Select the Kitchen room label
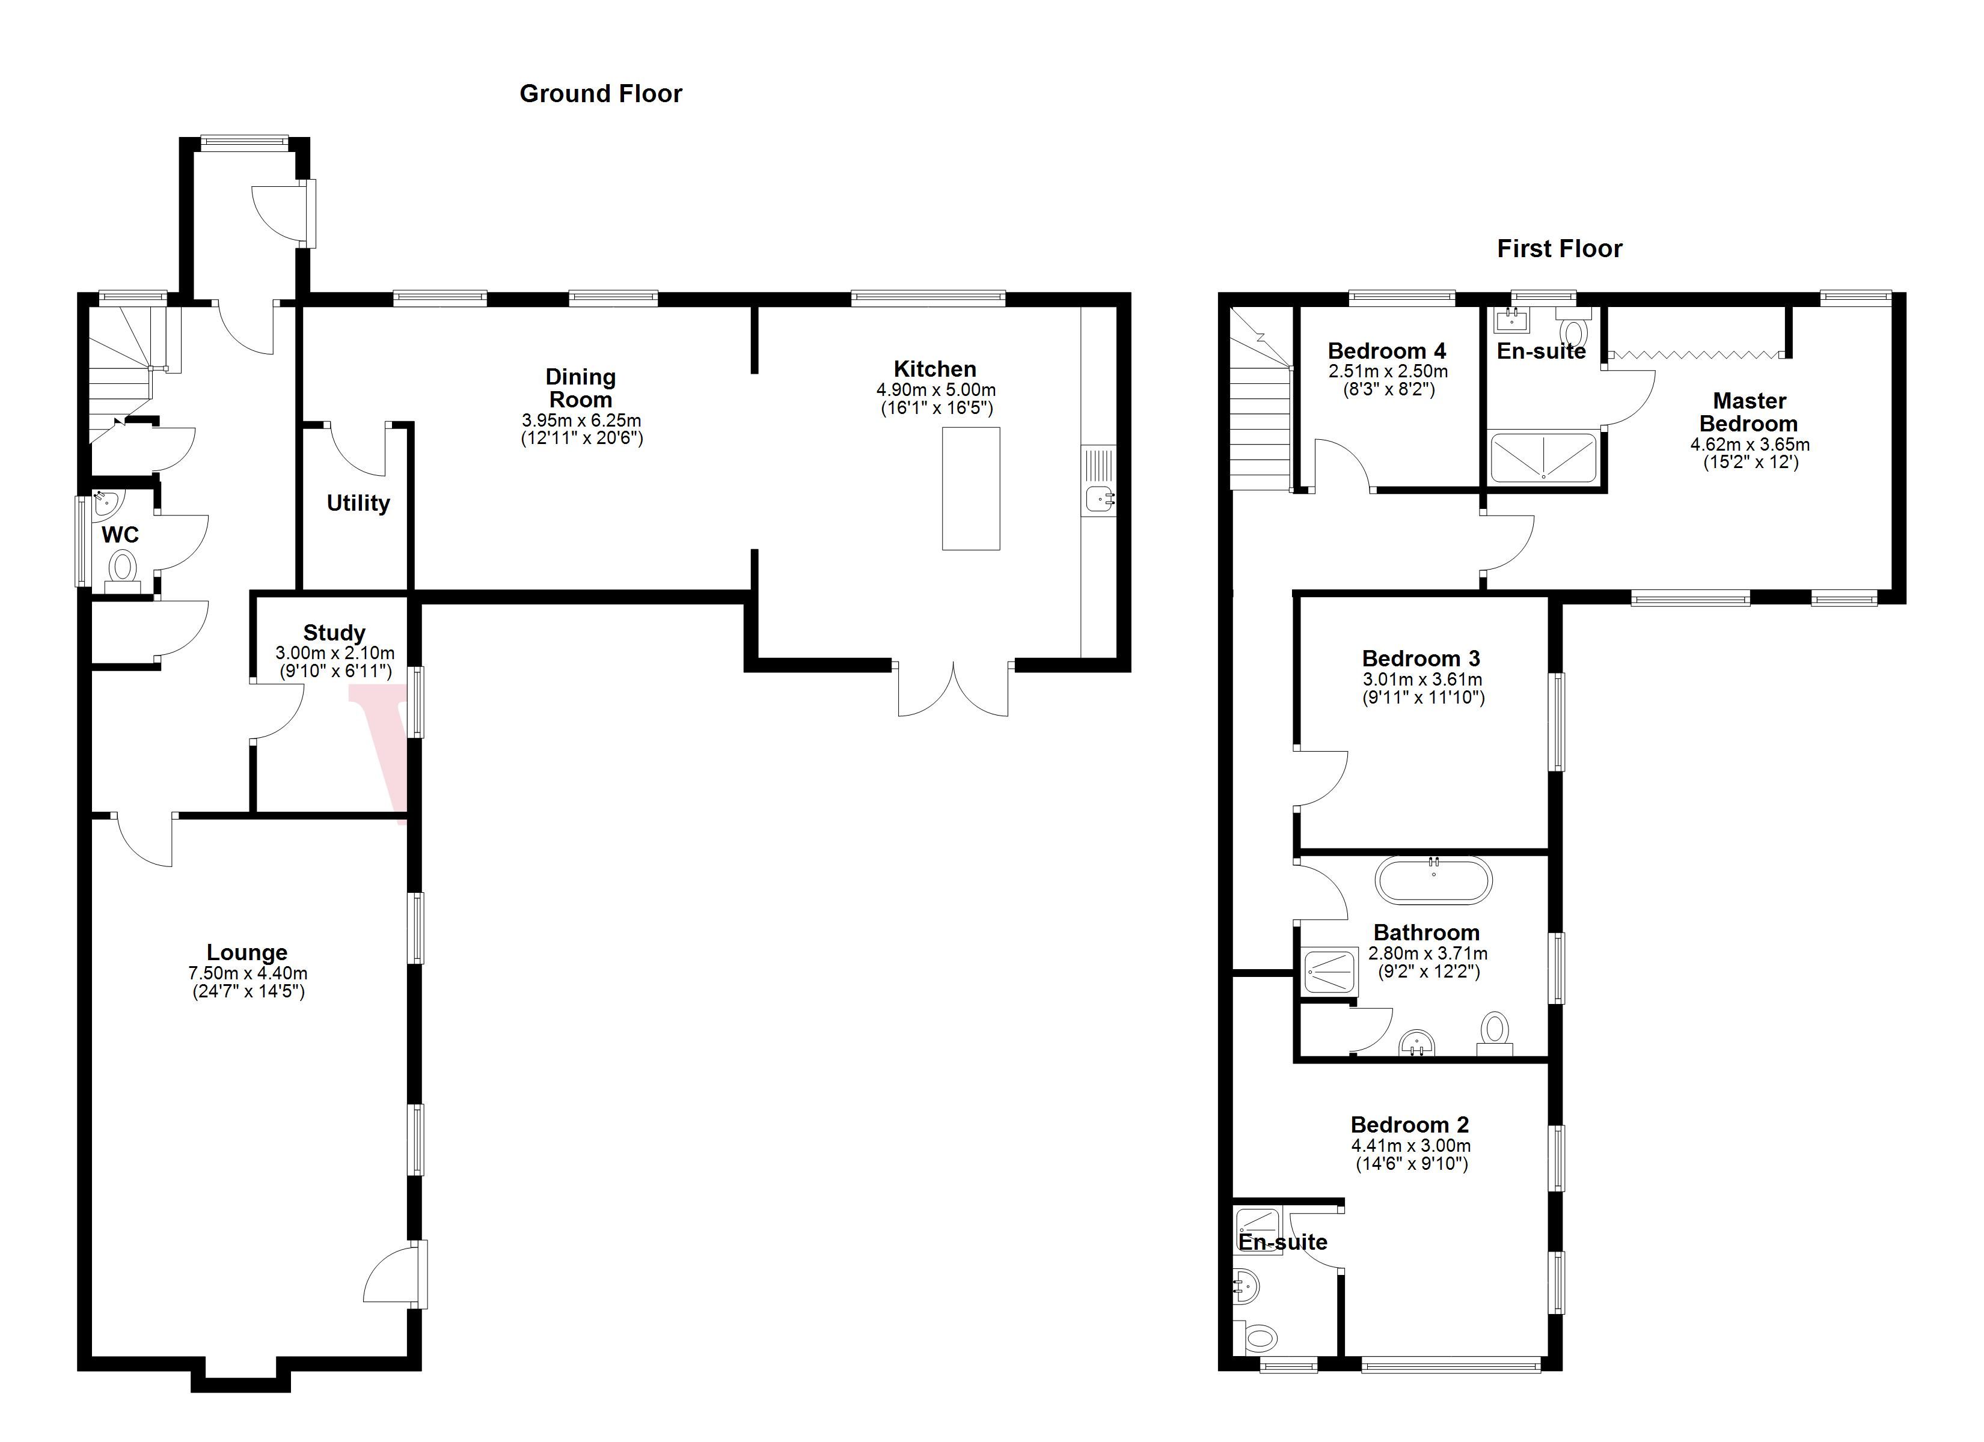point(934,369)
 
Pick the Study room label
point(334,632)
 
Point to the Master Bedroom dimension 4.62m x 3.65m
point(1750,444)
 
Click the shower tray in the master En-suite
point(1543,457)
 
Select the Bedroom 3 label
point(1421,659)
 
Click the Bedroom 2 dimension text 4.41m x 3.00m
point(1410,1146)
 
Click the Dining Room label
point(581,388)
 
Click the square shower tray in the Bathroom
point(1330,972)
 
